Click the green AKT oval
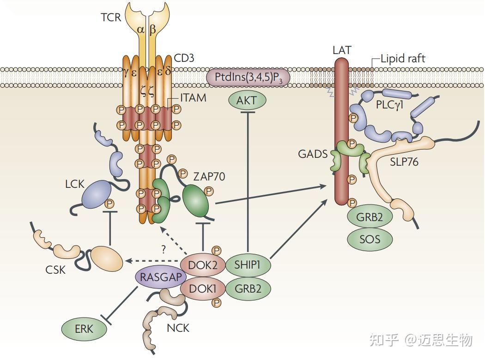pyautogui.click(x=247, y=100)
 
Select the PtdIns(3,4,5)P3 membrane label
pyautogui.click(x=248, y=77)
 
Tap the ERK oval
pyautogui.click(x=84, y=329)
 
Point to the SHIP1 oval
pyautogui.click(x=247, y=265)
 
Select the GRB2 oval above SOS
pyautogui.click(x=370, y=216)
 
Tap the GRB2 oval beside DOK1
pyautogui.click(x=247, y=289)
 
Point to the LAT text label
pyautogui.click(x=341, y=50)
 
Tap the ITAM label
pyautogui.click(x=194, y=98)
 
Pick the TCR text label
pyautogui.click(x=110, y=18)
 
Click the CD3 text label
pyautogui.click(x=184, y=58)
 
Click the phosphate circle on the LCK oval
pyautogui.click(x=110, y=204)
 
